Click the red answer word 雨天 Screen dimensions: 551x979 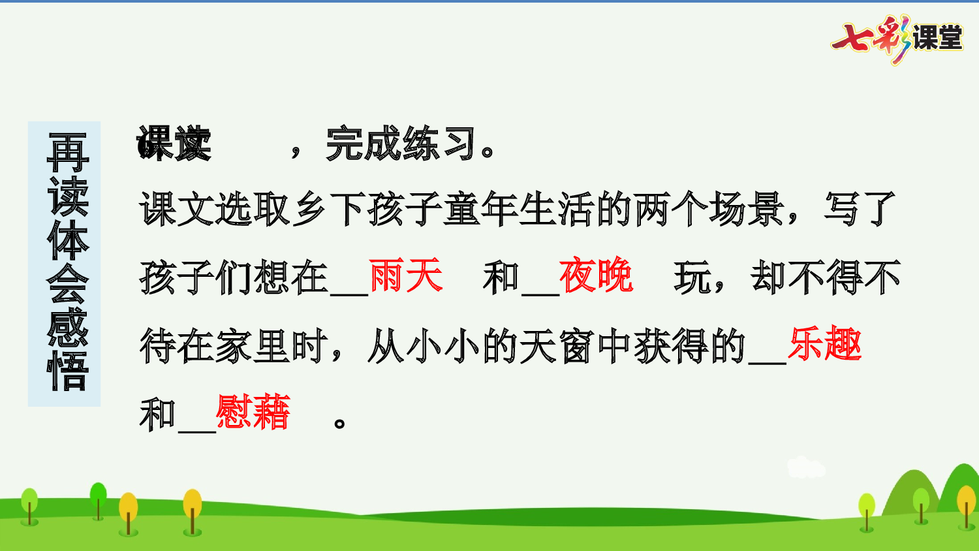coord(405,275)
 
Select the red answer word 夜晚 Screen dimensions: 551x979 coord(596,275)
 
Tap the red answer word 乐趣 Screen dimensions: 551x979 coord(824,344)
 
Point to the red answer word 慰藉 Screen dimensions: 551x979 coord(253,413)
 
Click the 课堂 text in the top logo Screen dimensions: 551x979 coord(937,38)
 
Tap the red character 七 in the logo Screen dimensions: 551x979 coord(853,38)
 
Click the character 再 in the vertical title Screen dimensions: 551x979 coord(67,152)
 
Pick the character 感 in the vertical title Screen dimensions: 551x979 coord(67,328)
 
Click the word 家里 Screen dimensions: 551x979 coord(253,345)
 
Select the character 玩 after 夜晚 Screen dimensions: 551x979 coord(692,277)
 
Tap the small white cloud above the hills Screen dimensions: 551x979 coord(806,467)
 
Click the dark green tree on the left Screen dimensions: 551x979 coord(98,499)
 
